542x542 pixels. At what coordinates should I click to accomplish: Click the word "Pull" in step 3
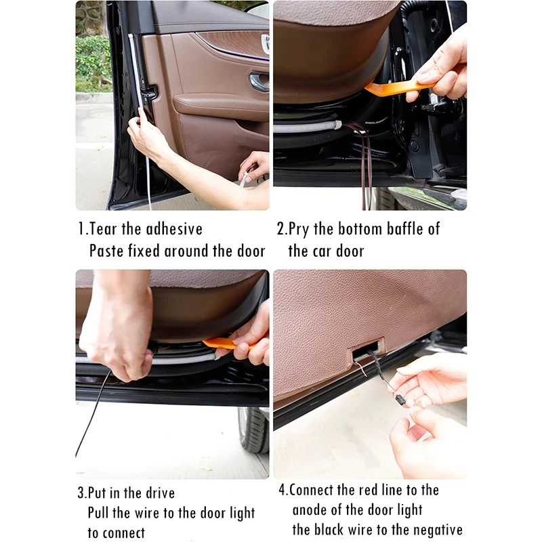click(102, 513)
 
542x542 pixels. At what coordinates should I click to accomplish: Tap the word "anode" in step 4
click(314, 509)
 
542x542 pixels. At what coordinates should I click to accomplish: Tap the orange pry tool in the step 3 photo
click(224, 343)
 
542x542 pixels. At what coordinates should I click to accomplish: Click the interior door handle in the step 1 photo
click(259, 82)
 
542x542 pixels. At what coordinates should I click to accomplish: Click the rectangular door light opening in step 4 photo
click(367, 351)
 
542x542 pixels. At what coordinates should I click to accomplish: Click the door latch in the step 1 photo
click(150, 91)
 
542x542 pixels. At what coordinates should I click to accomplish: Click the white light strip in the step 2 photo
click(312, 126)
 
